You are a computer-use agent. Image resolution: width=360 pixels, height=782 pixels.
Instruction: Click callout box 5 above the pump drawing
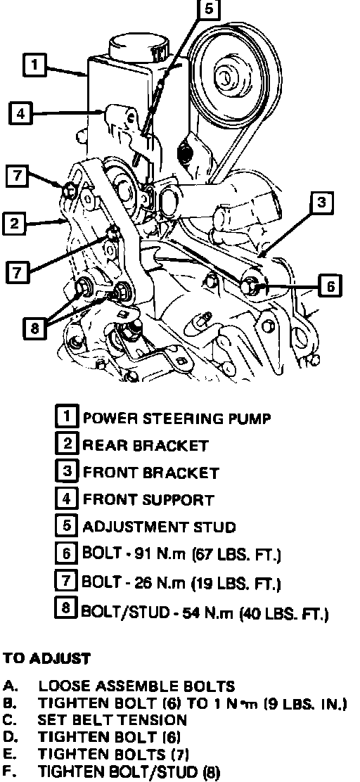coord(208,8)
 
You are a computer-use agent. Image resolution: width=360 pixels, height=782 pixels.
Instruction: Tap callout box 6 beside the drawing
coord(330,286)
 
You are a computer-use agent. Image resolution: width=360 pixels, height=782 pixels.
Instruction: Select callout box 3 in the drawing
coord(321,202)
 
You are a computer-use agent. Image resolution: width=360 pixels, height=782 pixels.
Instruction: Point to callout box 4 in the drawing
coord(20,113)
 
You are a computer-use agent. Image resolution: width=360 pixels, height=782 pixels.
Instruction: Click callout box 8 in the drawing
coord(34,328)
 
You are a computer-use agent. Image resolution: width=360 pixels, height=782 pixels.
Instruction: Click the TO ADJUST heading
coord(46,658)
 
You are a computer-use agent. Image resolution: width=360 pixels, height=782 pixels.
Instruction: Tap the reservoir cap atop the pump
coord(138,47)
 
